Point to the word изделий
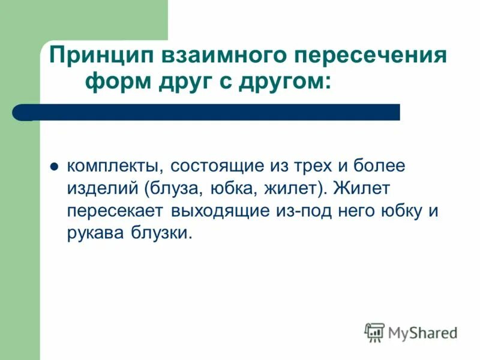[102, 188]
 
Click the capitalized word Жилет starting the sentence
[364, 188]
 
